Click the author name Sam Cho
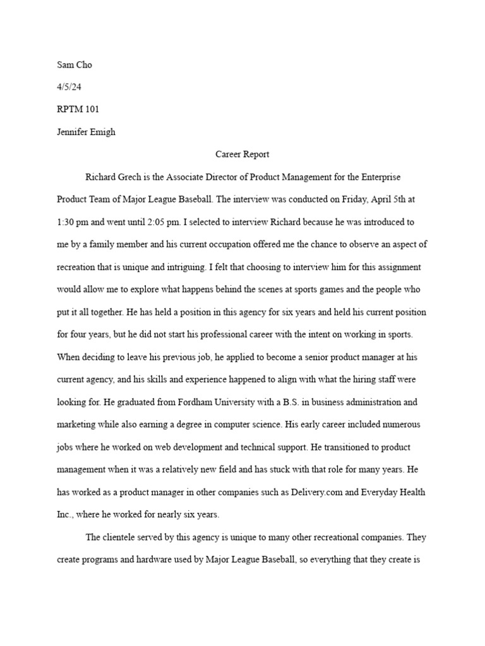pos(75,64)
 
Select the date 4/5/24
pos(69,86)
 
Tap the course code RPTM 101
pos(78,109)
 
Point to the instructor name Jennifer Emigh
pos(87,132)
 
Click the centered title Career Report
pos(242,154)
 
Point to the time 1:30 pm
pos(73,222)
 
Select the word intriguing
pos(203,267)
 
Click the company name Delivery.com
pos(323,492)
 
